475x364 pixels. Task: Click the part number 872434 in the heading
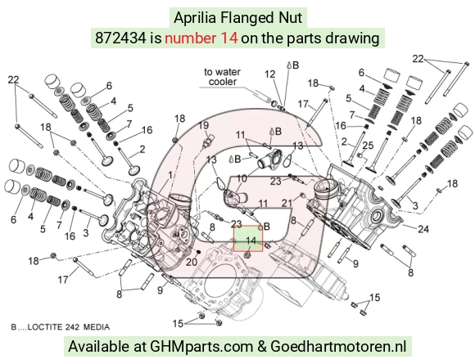click(120, 38)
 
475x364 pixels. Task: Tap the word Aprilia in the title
click(195, 18)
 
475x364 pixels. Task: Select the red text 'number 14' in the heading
click(201, 38)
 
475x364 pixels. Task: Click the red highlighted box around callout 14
click(248, 239)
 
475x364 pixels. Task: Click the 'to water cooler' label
click(223, 77)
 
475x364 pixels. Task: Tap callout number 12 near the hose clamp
click(270, 74)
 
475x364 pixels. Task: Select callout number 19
click(204, 125)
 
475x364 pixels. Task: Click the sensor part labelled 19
click(207, 142)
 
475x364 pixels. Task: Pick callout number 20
click(192, 262)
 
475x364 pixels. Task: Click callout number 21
click(287, 203)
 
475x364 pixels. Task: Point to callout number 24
click(423, 229)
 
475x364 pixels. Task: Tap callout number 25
click(368, 146)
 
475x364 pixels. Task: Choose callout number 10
click(242, 178)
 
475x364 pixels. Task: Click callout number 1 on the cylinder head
click(170, 175)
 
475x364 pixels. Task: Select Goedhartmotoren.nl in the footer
click(338, 346)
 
